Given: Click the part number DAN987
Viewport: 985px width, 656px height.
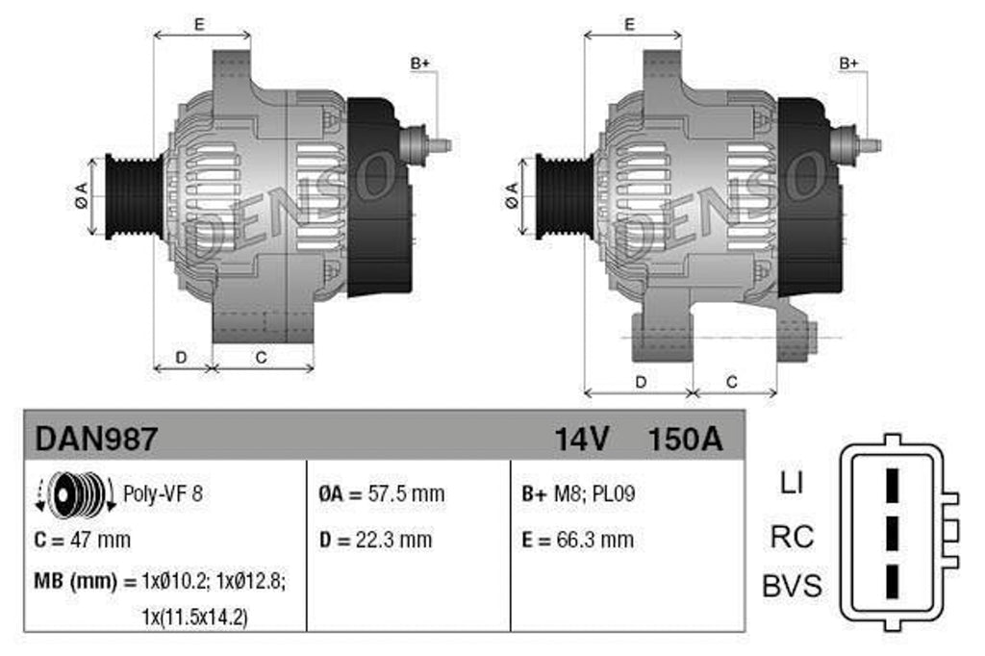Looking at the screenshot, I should (95, 439).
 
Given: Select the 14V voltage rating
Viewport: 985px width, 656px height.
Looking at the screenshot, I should (581, 439).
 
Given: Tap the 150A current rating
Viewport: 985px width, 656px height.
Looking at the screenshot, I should (684, 439).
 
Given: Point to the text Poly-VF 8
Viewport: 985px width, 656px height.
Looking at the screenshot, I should (164, 495).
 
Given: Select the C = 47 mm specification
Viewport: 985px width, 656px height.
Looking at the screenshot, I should (82, 540).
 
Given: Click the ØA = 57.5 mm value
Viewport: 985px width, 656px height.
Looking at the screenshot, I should (381, 494).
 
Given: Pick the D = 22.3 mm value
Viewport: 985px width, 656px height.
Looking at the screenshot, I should (375, 540).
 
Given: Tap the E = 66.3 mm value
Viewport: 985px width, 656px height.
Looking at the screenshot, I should (577, 540).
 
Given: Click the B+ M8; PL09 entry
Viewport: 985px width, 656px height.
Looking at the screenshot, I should (578, 494).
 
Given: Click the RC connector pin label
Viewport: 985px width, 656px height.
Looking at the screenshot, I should (792, 536).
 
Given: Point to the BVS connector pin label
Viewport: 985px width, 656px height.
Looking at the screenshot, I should (792, 586).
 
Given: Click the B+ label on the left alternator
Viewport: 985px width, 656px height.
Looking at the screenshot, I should (420, 64).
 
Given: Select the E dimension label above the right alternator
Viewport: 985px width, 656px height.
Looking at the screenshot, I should (629, 25).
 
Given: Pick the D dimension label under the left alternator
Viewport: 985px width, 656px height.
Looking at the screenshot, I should (181, 357).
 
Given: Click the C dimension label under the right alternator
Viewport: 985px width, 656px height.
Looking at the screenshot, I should (732, 382).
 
